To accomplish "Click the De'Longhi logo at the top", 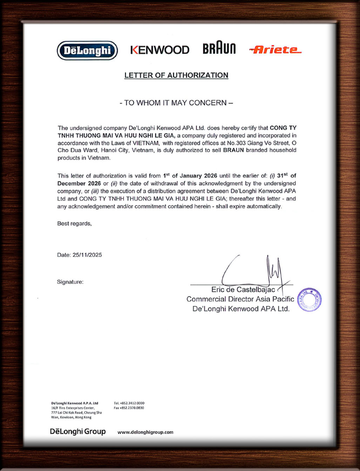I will tap(87, 51).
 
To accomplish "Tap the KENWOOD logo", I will tap(160, 50).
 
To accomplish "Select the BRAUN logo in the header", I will tap(219, 48).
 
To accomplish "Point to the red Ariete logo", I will tap(275, 50).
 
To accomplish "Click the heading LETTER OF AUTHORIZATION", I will tap(176, 75).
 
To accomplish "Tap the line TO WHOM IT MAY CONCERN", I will tap(176, 103).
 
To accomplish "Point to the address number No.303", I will tap(236, 143).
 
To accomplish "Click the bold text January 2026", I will tap(198, 176).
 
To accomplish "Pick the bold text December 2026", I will tap(79, 183).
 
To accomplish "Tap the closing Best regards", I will tap(74, 223).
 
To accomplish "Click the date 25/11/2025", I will tap(87, 255).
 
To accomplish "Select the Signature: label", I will tap(70, 282).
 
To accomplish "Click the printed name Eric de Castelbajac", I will tap(243, 290).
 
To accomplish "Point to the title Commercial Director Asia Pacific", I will tap(240, 299).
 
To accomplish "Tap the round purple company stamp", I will tap(309, 300).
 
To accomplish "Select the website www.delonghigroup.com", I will tap(145, 432).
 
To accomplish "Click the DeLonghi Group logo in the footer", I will tap(78, 431).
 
